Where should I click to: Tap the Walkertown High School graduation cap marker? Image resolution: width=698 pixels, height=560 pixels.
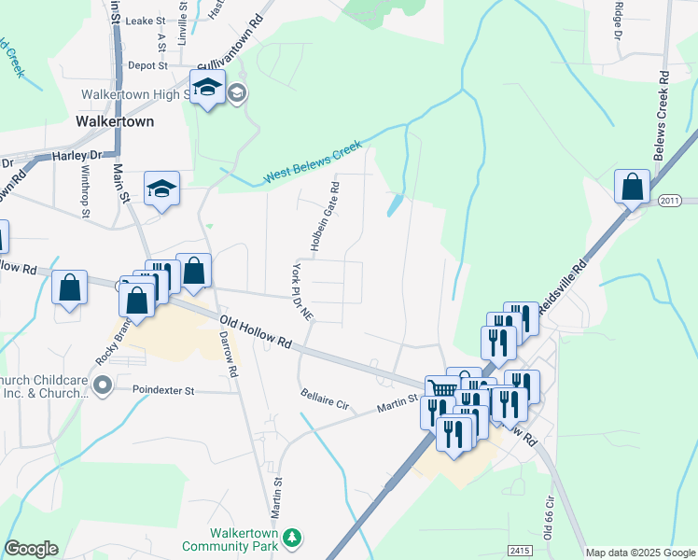[206, 90]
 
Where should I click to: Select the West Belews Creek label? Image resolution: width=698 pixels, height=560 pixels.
[312, 162]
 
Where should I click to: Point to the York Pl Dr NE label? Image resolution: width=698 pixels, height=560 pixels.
[300, 291]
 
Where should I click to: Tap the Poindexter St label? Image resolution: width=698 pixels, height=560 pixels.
[162, 389]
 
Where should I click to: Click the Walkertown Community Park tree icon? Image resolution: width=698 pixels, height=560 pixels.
[293, 537]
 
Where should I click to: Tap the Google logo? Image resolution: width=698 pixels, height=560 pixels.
[31, 549]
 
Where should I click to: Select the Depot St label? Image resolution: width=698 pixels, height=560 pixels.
[147, 65]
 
